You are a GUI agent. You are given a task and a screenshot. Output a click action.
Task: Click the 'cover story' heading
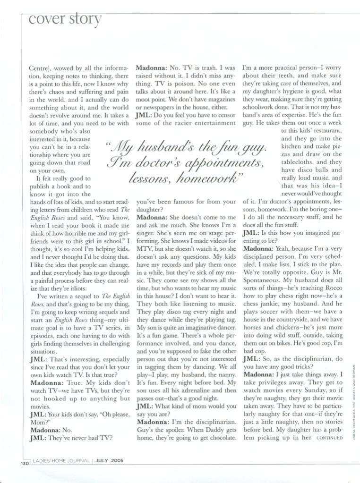point(65,19)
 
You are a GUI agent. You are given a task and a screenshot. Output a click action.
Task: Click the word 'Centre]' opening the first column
point(33,68)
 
